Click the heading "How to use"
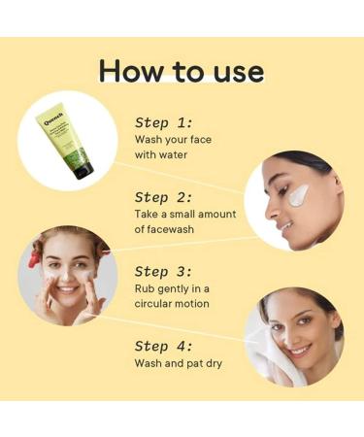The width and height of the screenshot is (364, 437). tap(182, 71)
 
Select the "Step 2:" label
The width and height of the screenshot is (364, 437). tap(166, 196)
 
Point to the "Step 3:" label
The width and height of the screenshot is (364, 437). tap(166, 271)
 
